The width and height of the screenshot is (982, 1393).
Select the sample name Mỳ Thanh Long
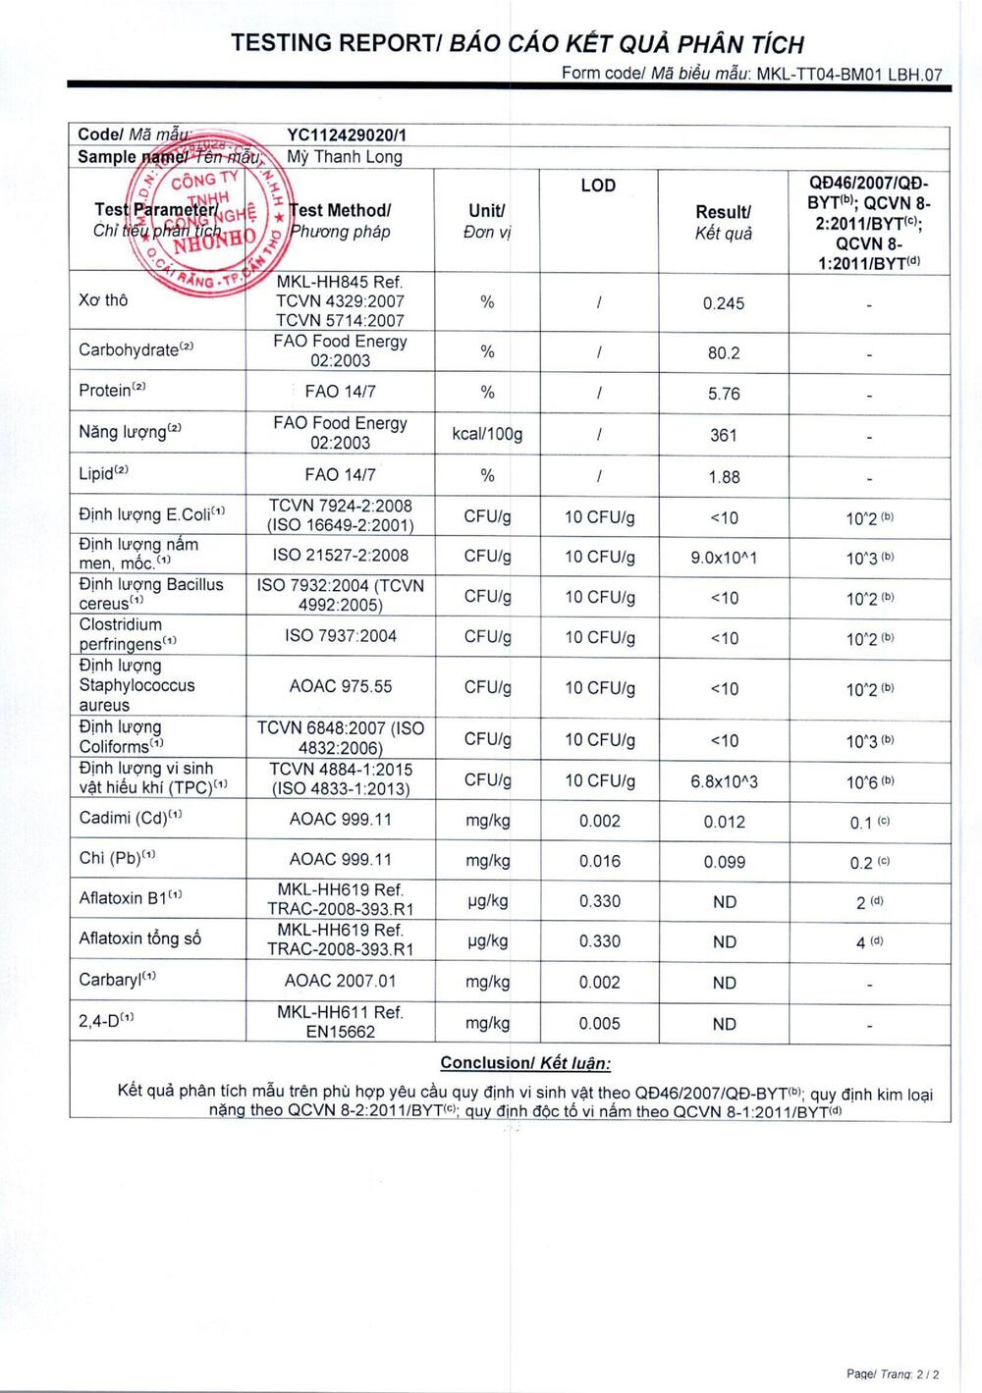click(344, 157)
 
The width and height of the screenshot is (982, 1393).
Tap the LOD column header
click(598, 186)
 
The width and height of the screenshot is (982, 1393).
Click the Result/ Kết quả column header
click(723, 222)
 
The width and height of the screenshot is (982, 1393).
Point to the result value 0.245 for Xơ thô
click(723, 303)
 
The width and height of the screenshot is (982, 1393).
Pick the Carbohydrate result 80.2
click(723, 352)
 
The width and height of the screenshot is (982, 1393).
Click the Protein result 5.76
click(723, 394)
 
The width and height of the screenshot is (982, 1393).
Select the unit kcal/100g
click(487, 434)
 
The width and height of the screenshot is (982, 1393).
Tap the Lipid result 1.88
click(723, 477)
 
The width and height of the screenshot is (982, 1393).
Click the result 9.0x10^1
click(723, 558)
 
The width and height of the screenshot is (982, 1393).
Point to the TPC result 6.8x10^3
click(723, 781)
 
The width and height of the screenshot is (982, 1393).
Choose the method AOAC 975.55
click(340, 686)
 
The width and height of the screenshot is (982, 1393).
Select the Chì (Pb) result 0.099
click(723, 862)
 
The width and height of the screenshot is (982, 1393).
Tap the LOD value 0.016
click(599, 861)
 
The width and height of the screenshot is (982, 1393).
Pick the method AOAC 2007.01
click(340, 981)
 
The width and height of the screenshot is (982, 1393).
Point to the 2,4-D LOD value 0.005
click(599, 1023)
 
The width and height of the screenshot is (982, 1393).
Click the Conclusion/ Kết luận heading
click(525, 1063)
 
